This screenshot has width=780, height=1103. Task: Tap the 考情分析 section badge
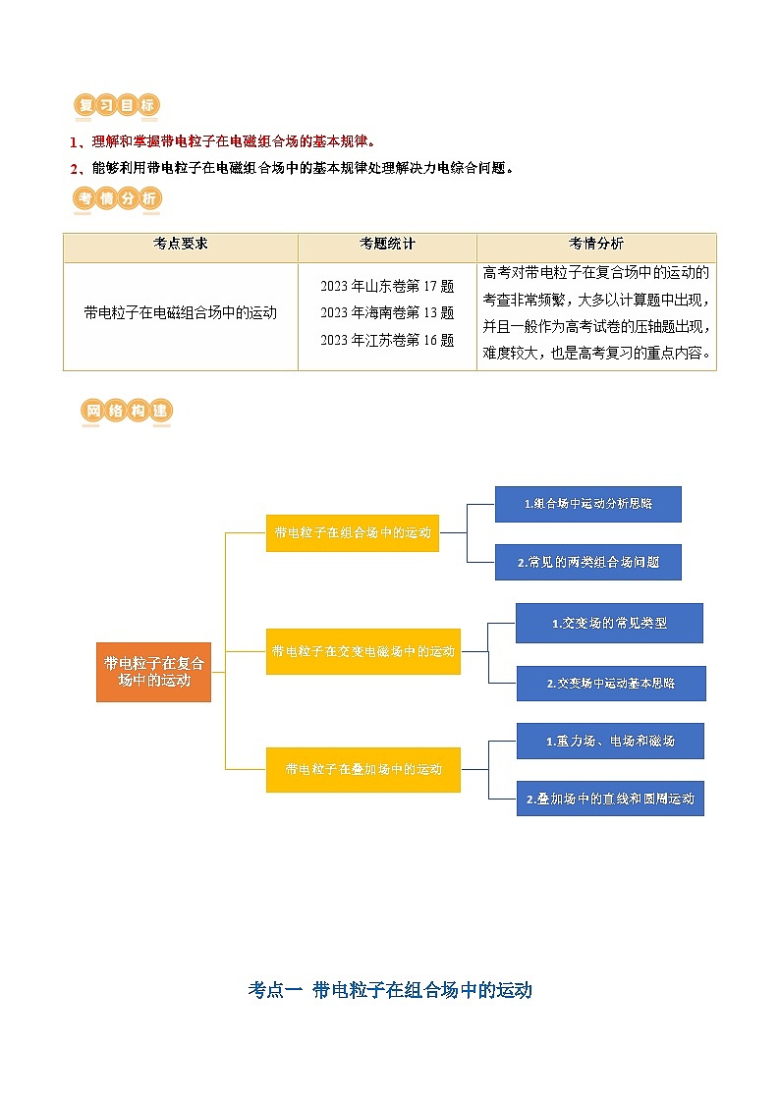(117, 199)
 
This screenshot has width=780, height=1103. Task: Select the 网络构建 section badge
(127, 412)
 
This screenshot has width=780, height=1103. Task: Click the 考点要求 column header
(181, 245)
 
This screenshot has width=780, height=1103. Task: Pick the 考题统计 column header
(387, 245)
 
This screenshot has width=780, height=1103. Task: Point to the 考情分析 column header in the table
(595, 245)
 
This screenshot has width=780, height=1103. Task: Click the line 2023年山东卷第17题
(387, 287)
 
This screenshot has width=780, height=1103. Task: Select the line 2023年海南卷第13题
(387, 313)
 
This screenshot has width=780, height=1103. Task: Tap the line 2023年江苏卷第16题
(387, 340)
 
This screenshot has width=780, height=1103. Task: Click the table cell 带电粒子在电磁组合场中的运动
(181, 313)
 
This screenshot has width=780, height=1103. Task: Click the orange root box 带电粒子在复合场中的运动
(153, 672)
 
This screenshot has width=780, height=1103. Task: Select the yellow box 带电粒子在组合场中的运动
(353, 532)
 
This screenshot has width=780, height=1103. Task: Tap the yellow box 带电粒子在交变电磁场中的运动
(362, 651)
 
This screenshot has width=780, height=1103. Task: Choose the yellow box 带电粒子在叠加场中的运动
(363, 769)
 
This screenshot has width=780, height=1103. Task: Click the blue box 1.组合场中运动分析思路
(587, 504)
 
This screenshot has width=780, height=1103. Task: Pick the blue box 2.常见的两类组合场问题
(587, 563)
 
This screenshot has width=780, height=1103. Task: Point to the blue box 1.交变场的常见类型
(609, 623)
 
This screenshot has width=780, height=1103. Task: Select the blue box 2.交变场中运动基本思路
(611, 683)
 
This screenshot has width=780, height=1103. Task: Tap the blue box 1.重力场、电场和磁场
(610, 741)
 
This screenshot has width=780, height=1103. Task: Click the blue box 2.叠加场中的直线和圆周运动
(610, 799)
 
